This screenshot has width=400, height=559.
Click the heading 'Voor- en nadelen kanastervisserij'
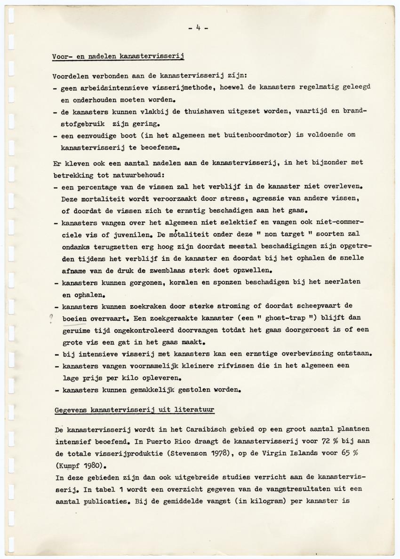(x=118, y=57)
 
